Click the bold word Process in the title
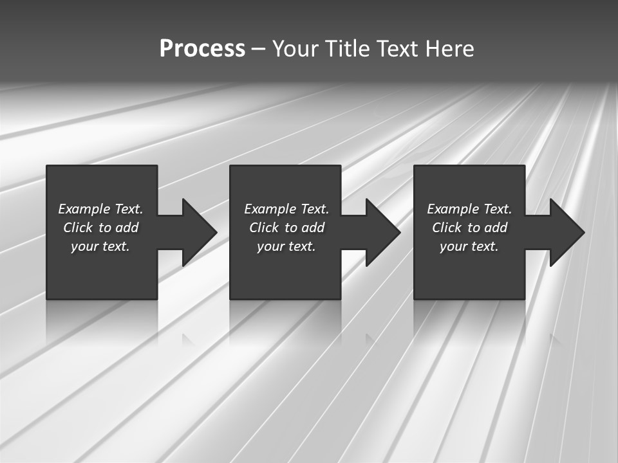[202, 49]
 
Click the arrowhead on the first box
[199, 232]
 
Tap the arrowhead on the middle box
[382, 232]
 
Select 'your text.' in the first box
[100, 246]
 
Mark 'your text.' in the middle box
[286, 246]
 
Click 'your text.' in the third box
[469, 246]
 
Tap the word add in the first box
[127, 228]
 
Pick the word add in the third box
[496, 228]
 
